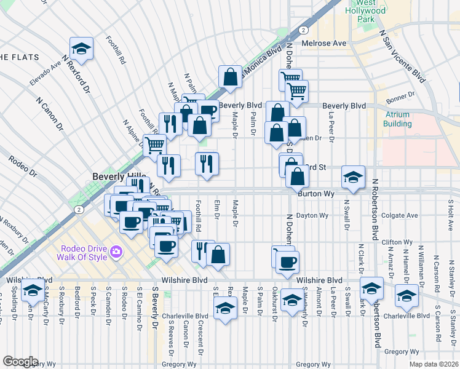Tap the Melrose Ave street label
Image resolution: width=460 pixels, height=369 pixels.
(324, 44)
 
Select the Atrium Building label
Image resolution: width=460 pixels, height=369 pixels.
(398, 119)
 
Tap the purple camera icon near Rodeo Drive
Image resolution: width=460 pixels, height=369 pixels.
(116, 252)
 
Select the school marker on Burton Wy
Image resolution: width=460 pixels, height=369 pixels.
(353, 177)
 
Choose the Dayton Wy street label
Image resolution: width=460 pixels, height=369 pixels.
(312, 216)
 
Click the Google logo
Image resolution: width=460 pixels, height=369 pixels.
(20, 362)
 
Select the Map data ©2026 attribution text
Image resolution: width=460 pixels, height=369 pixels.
(433, 364)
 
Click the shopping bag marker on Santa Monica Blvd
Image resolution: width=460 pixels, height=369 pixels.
(230, 77)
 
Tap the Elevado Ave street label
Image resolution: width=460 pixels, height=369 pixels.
(46, 73)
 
